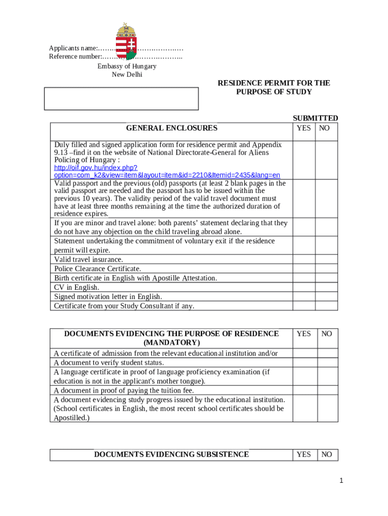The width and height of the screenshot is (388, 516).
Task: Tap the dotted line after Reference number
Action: coord(146,57)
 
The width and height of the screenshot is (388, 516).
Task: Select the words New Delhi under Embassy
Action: coord(127,75)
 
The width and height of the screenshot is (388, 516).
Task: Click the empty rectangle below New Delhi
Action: coord(121,98)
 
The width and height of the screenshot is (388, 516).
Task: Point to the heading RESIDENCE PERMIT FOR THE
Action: coord(274,83)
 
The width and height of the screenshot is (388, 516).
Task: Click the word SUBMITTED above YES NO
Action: coord(315,118)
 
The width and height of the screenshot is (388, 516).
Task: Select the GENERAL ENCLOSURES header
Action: coord(171,128)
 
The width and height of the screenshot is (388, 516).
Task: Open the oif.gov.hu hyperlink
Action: coord(167,171)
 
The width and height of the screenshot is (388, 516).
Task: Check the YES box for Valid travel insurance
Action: coord(304,259)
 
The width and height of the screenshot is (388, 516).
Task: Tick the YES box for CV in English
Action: coord(304,287)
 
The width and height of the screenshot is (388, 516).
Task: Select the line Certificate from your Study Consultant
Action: coord(124,306)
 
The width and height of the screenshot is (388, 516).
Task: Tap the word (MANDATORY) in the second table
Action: coord(171,343)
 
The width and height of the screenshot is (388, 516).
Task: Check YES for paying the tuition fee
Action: coord(304,390)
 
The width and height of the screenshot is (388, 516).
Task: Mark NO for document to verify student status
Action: coord(327,362)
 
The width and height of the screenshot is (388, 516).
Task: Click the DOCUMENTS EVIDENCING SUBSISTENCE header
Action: coord(171,455)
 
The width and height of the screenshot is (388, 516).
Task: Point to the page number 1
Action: coord(341,481)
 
